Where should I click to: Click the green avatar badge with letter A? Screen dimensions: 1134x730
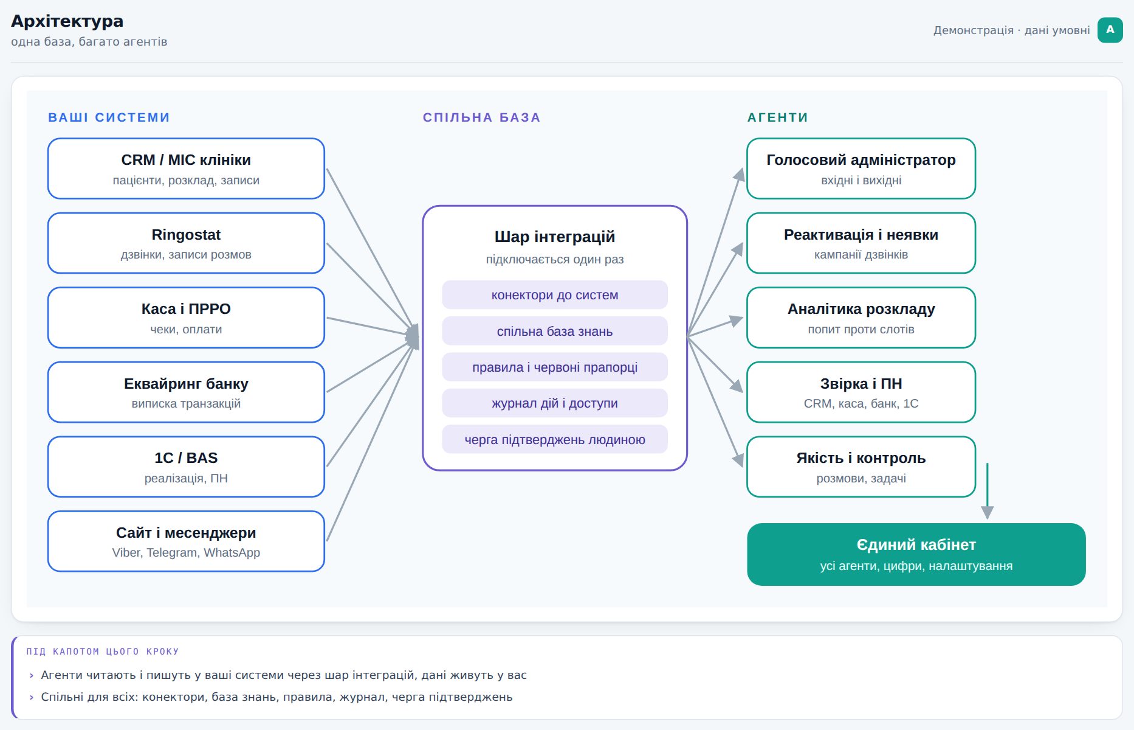point(1110,30)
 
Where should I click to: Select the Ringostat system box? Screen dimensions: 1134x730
point(186,243)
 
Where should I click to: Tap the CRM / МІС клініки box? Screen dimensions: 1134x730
point(186,169)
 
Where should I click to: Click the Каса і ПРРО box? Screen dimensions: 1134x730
point(186,318)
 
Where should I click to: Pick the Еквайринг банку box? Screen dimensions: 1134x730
point(186,392)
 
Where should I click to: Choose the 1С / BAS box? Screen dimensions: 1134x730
point(186,467)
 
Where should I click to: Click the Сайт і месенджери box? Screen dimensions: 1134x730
point(186,541)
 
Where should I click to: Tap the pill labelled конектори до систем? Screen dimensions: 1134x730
point(555,295)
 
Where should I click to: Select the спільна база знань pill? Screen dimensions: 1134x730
point(555,331)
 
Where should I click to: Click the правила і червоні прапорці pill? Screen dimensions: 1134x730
point(555,367)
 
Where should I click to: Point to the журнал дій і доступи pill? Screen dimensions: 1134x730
point(555,403)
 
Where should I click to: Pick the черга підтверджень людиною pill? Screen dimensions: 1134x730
point(555,439)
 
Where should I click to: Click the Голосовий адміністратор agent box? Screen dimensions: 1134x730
point(861,169)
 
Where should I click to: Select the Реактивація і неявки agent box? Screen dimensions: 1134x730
point(861,243)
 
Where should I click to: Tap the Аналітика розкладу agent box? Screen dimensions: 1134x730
point(861,318)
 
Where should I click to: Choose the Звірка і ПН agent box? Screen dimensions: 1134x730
point(861,392)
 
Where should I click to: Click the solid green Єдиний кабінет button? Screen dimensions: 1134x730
point(916,554)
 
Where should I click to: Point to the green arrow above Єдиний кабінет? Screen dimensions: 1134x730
point(988,491)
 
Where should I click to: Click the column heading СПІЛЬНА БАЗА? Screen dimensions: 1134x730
point(481,117)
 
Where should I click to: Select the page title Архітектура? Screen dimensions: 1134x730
point(67,21)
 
